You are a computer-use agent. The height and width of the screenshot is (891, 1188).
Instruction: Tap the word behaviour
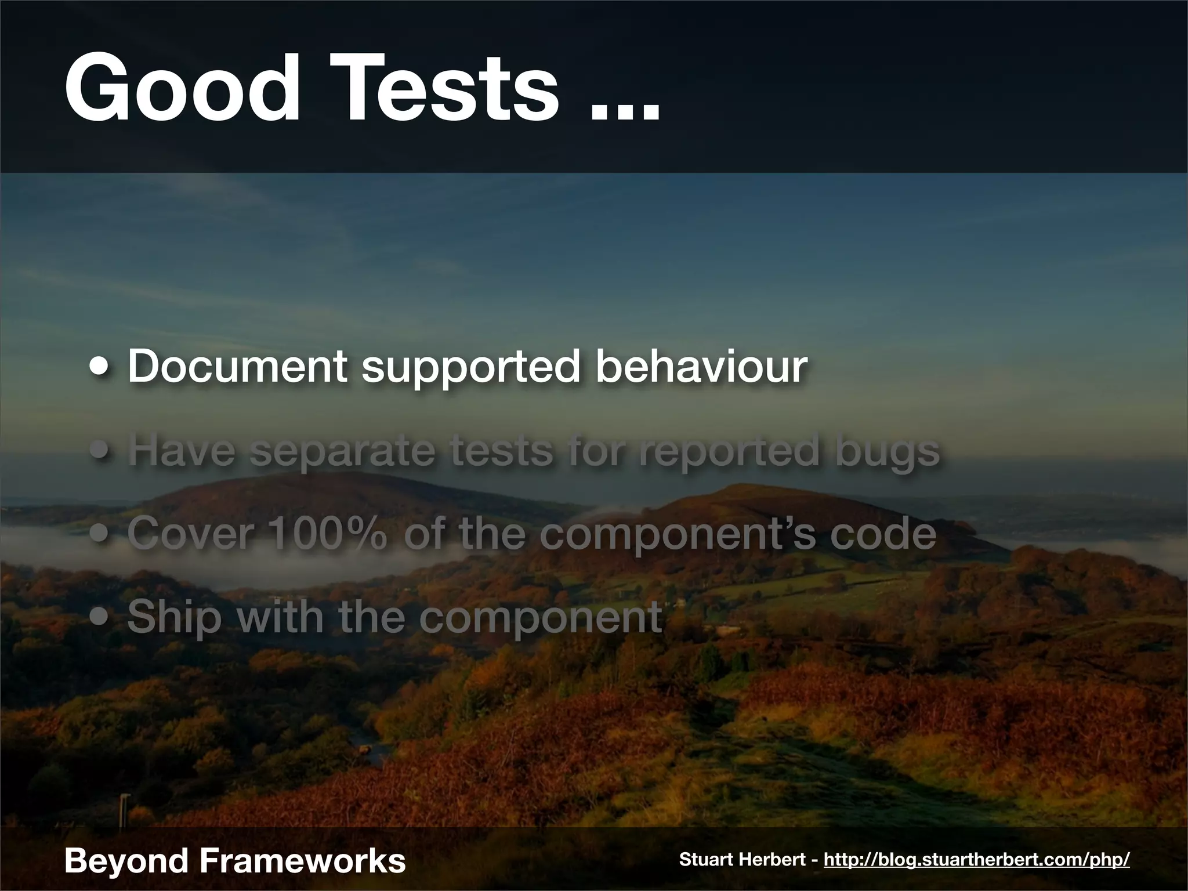(x=701, y=367)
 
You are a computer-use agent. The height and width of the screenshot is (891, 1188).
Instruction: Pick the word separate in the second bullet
(x=342, y=452)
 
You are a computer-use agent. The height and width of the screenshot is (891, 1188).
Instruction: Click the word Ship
(x=174, y=618)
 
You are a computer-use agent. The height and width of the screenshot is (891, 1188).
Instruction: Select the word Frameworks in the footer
(x=302, y=860)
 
